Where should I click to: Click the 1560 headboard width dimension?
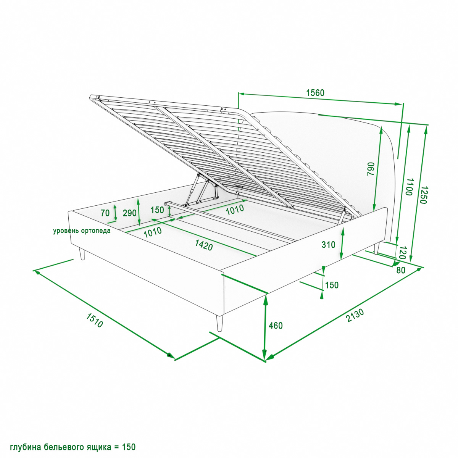pyautogui.click(x=315, y=92)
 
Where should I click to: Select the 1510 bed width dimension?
pyautogui.click(x=94, y=320)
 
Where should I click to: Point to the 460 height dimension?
pyautogui.click(x=276, y=326)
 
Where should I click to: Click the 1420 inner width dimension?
pyautogui.click(x=204, y=245)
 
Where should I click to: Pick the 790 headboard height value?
pyautogui.click(x=371, y=169)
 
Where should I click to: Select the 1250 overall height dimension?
pyautogui.click(x=423, y=195)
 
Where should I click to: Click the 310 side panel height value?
pyautogui.click(x=328, y=245)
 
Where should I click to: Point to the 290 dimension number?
pyautogui.click(x=129, y=213)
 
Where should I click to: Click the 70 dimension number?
pyautogui.click(x=105, y=213)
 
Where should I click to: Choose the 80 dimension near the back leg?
pyautogui.click(x=401, y=270)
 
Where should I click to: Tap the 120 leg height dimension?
pyautogui.click(x=402, y=253)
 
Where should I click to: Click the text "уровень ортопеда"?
pyautogui.click(x=82, y=231)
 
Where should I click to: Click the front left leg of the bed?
pyautogui.click(x=82, y=253)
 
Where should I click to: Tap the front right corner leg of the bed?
pyautogui.click(x=219, y=323)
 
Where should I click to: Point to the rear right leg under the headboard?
pyautogui.click(x=376, y=248)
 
